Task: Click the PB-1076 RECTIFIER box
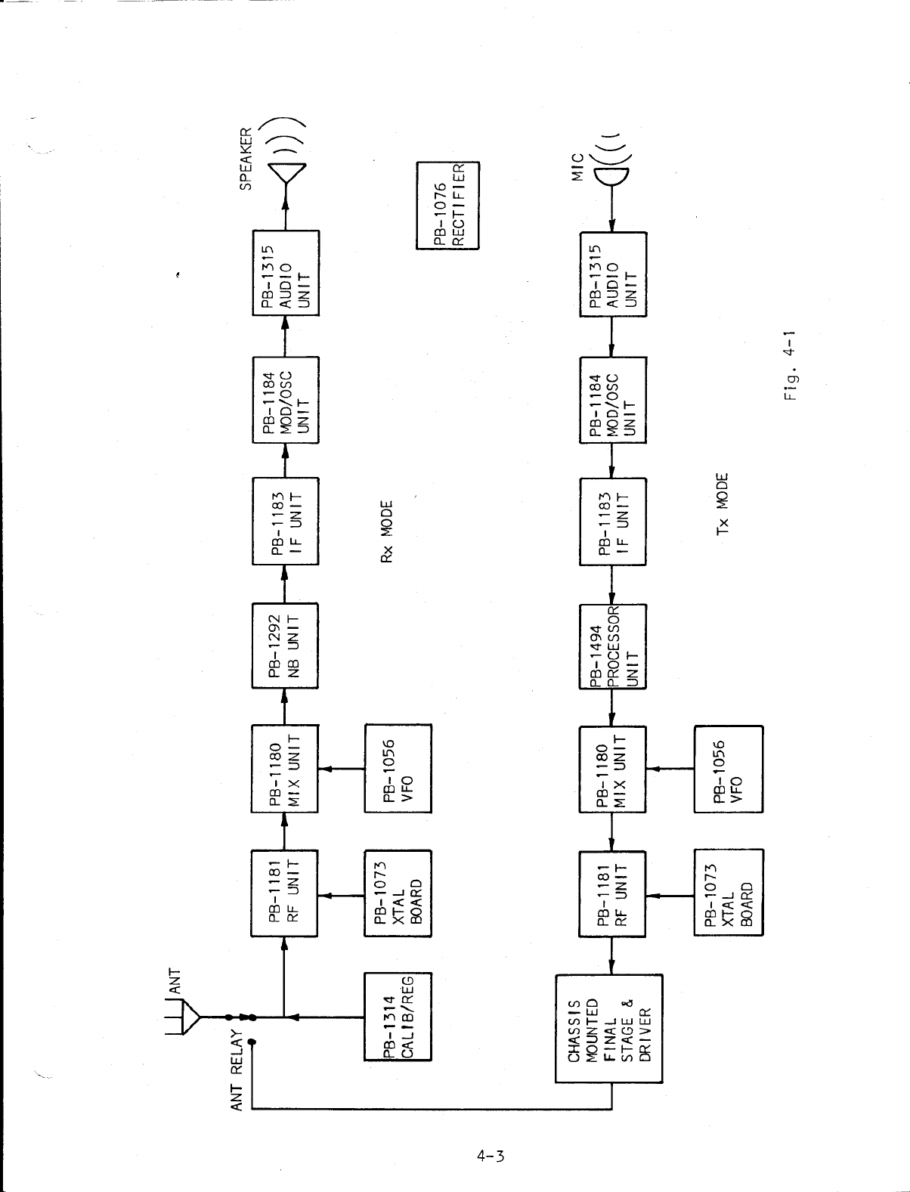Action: coord(448,205)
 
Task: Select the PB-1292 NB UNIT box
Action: coord(285,646)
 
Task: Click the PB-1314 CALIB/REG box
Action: coord(398,1017)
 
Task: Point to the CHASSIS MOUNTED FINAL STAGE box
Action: coord(609,1028)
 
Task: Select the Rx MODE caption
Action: coord(387,531)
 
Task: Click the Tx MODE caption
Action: coord(723,504)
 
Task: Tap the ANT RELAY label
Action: coord(237,1071)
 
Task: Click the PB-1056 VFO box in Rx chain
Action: coord(398,769)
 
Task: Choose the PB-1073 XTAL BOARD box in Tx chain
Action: coord(729,892)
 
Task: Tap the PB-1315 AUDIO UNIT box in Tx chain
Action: coord(613,275)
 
